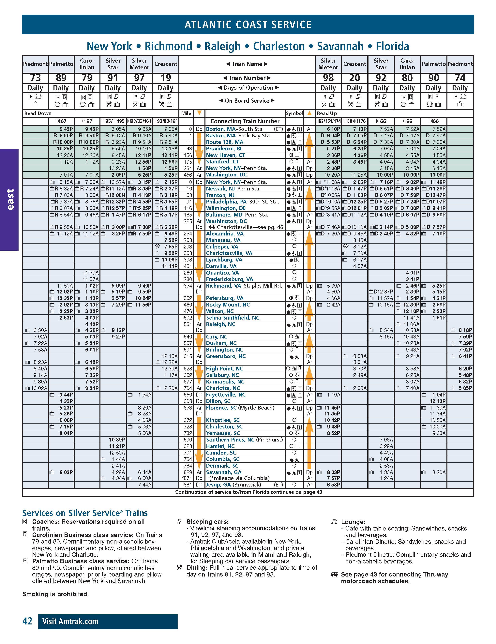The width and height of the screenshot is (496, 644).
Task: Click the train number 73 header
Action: coord(35,78)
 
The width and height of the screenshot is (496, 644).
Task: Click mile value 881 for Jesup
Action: coord(188,485)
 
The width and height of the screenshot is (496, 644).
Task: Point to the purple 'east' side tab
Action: coord(9,199)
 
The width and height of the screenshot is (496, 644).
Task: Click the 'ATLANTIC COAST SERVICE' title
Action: coord(248,24)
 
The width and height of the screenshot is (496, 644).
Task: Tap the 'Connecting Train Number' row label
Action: coord(245,121)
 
